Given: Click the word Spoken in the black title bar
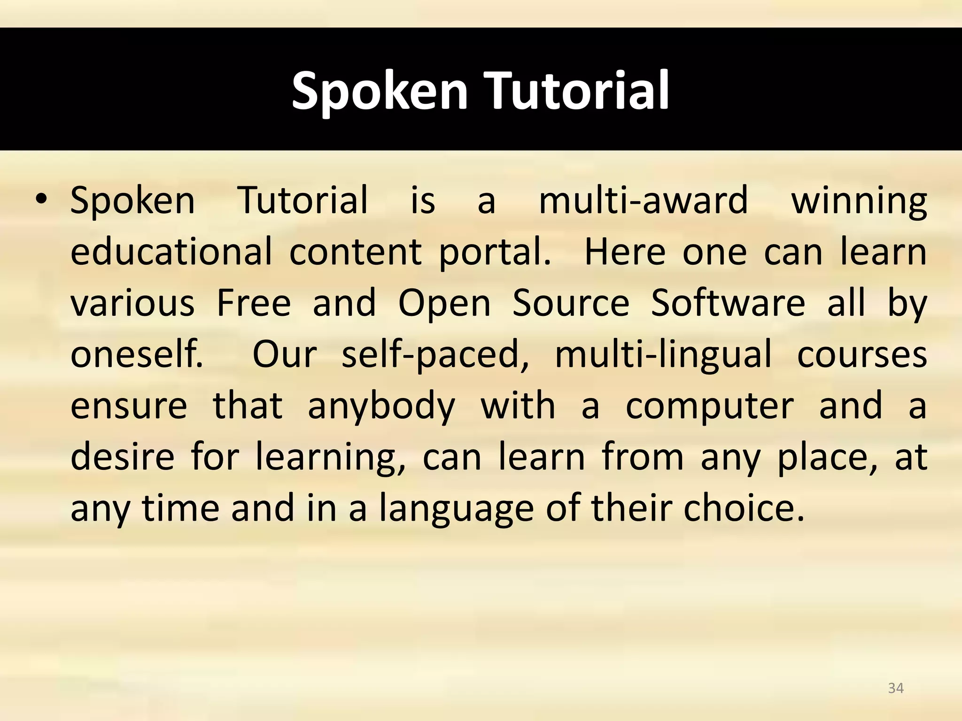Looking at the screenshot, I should pos(380,90).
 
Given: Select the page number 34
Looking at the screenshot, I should pos(896,688).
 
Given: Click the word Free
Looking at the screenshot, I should pos(254,303).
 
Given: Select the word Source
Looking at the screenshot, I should pos(571,303).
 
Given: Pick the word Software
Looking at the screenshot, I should pos(728,303).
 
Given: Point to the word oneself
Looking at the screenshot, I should pos(137,354).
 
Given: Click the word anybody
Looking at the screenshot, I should pos(381,407).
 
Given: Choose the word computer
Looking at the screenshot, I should pos(710,407).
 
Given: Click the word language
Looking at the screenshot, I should pos(456,509).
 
